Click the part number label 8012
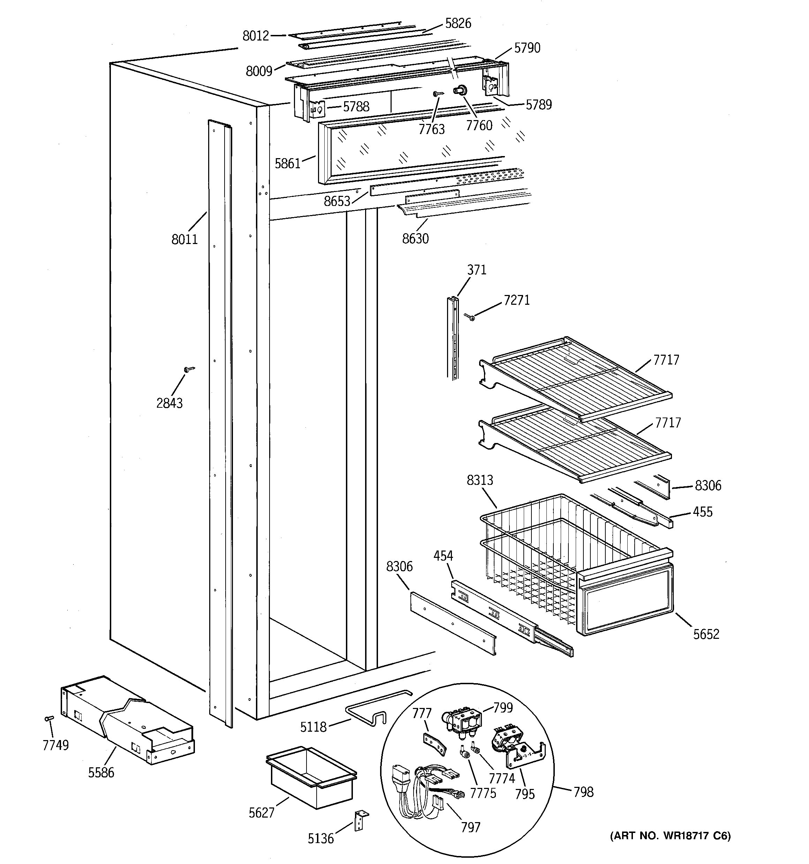pyautogui.click(x=256, y=36)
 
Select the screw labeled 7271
pyautogui.click(x=469, y=317)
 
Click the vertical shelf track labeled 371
pyautogui.click(x=452, y=337)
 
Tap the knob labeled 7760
pyautogui.click(x=460, y=90)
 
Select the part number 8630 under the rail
pyautogui.click(x=415, y=238)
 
